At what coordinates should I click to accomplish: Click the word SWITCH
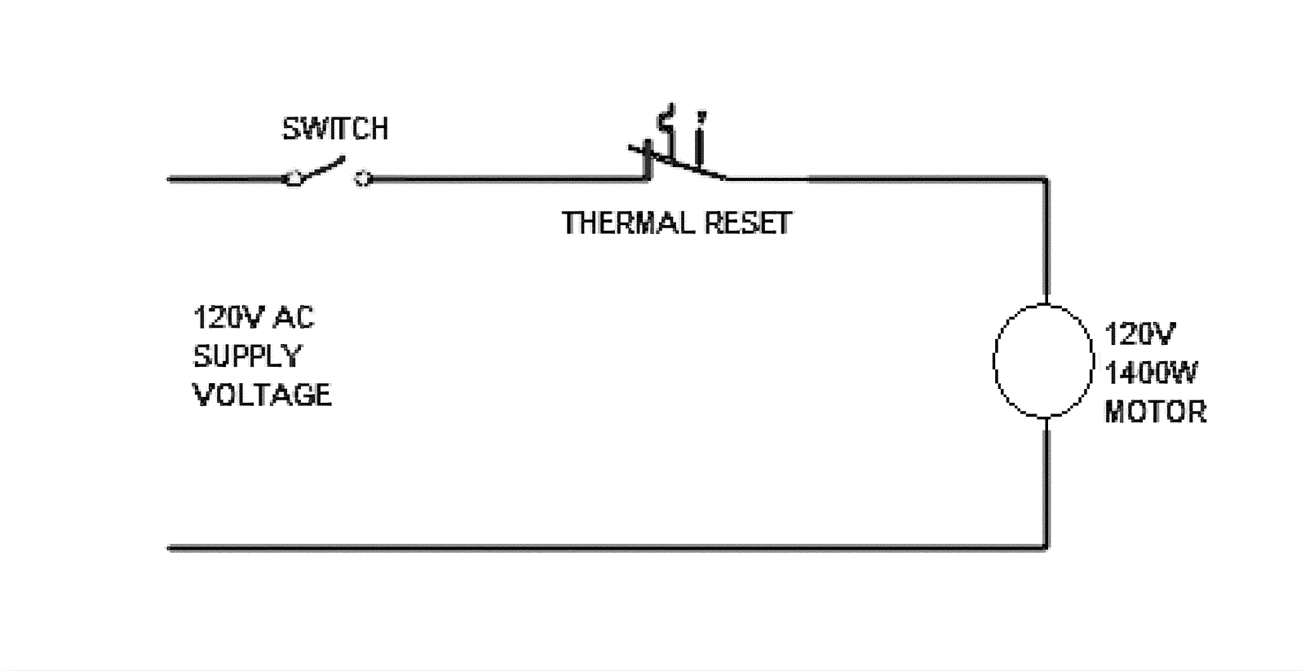(334, 129)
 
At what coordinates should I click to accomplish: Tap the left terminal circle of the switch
(293, 179)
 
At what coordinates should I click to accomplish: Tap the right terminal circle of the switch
(363, 179)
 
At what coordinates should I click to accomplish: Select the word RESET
(748, 223)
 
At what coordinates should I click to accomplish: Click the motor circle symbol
(1043, 361)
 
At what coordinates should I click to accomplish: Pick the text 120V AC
(253, 317)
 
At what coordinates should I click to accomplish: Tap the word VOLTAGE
(262, 395)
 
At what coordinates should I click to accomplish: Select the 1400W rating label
(1151, 373)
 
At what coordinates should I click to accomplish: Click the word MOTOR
(1155, 412)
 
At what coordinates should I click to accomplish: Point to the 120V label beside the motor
(1139, 334)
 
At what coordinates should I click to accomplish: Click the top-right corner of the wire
(1046, 179)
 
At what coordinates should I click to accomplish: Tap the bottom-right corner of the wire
(1046, 548)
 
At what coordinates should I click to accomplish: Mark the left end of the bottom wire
(170, 548)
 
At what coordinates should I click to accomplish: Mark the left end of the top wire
(170, 179)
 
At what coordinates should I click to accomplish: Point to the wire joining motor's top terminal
(1046, 245)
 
